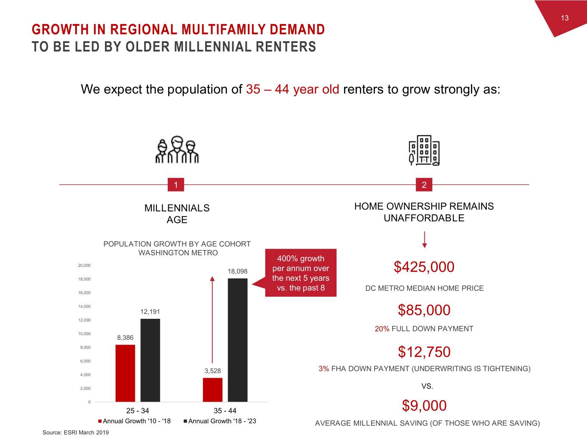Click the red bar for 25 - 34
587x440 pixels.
click(x=125, y=373)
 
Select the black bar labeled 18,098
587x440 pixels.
click(x=237, y=340)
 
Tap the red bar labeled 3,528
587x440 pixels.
click(x=212, y=390)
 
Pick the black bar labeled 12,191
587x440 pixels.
click(x=150, y=360)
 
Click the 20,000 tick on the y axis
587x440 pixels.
click(x=84, y=266)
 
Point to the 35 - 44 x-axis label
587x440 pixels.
click(x=225, y=411)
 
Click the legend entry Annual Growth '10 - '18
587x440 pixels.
click(x=135, y=421)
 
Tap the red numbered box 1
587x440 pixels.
click(x=175, y=185)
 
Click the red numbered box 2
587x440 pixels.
click(x=424, y=185)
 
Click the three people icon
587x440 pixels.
click(x=177, y=150)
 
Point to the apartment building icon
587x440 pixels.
click(x=424, y=150)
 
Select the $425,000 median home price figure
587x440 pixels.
click(x=424, y=267)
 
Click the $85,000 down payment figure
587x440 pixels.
click(x=424, y=310)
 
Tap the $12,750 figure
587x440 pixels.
click(x=424, y=352)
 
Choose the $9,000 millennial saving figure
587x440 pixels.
click(x=424, y=405)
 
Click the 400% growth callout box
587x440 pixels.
click(x=301, y=273)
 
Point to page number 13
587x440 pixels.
click(x=565, y=18)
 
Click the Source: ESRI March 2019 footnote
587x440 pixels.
click(x=76, y=432)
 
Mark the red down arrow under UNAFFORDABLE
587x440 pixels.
click(x=424, y=240)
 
